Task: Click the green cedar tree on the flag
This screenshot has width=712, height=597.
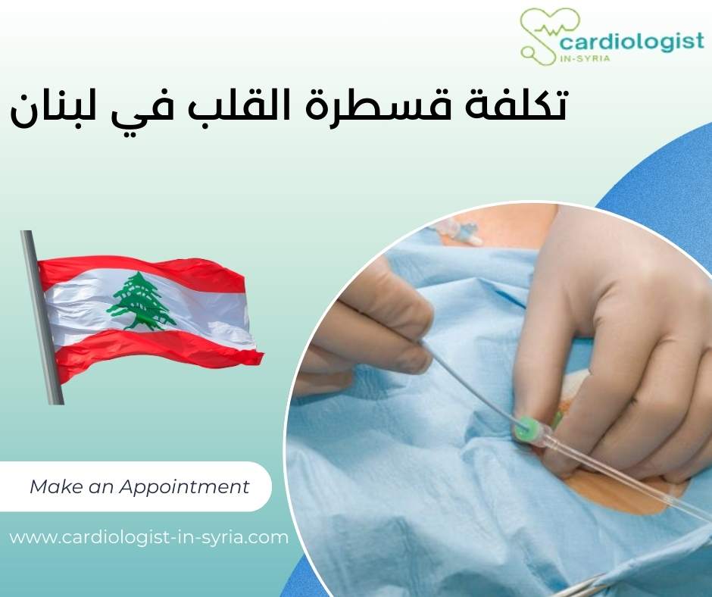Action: click(141, 301)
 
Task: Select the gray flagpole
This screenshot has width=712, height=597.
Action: click(42, 318)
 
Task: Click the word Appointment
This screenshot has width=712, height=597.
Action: click(201, 486)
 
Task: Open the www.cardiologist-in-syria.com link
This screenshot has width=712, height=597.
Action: click(149, 538)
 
